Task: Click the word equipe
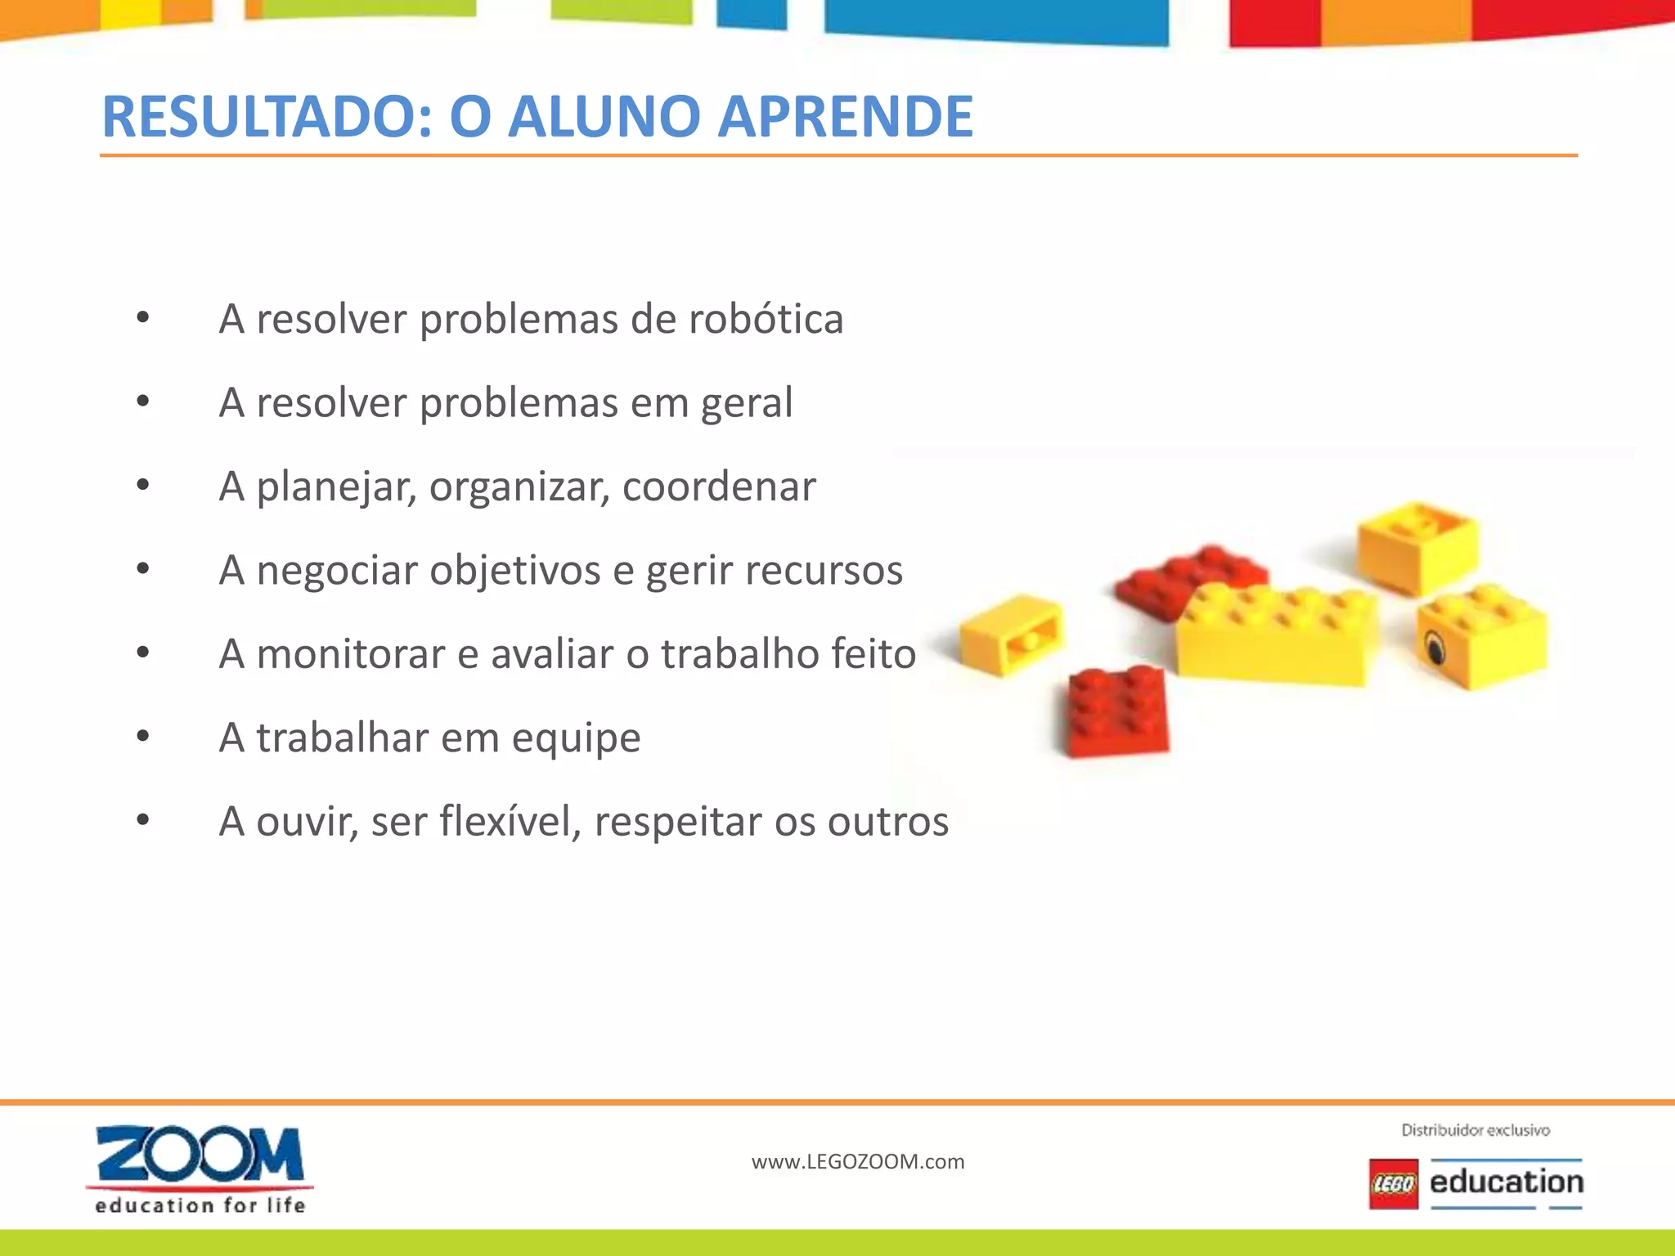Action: pyautogui.click(x=576, y=738)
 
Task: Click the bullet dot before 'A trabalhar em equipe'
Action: pyautogui.click(x=143, y=737)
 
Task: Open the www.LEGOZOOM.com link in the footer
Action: pyautogui.click(x=858, y=1162)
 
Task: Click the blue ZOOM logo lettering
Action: pyautogui.click(x=200, y=1154)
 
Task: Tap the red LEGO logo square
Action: pyautogui.click(x=1394, y=1183)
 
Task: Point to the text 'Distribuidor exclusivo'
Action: pyautogui.click(x=1475, y=1130)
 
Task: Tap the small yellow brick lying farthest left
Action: pyautogui.click(x=1011, y=635)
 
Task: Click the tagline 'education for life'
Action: pyautogui.click(x=200, y=1205)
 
